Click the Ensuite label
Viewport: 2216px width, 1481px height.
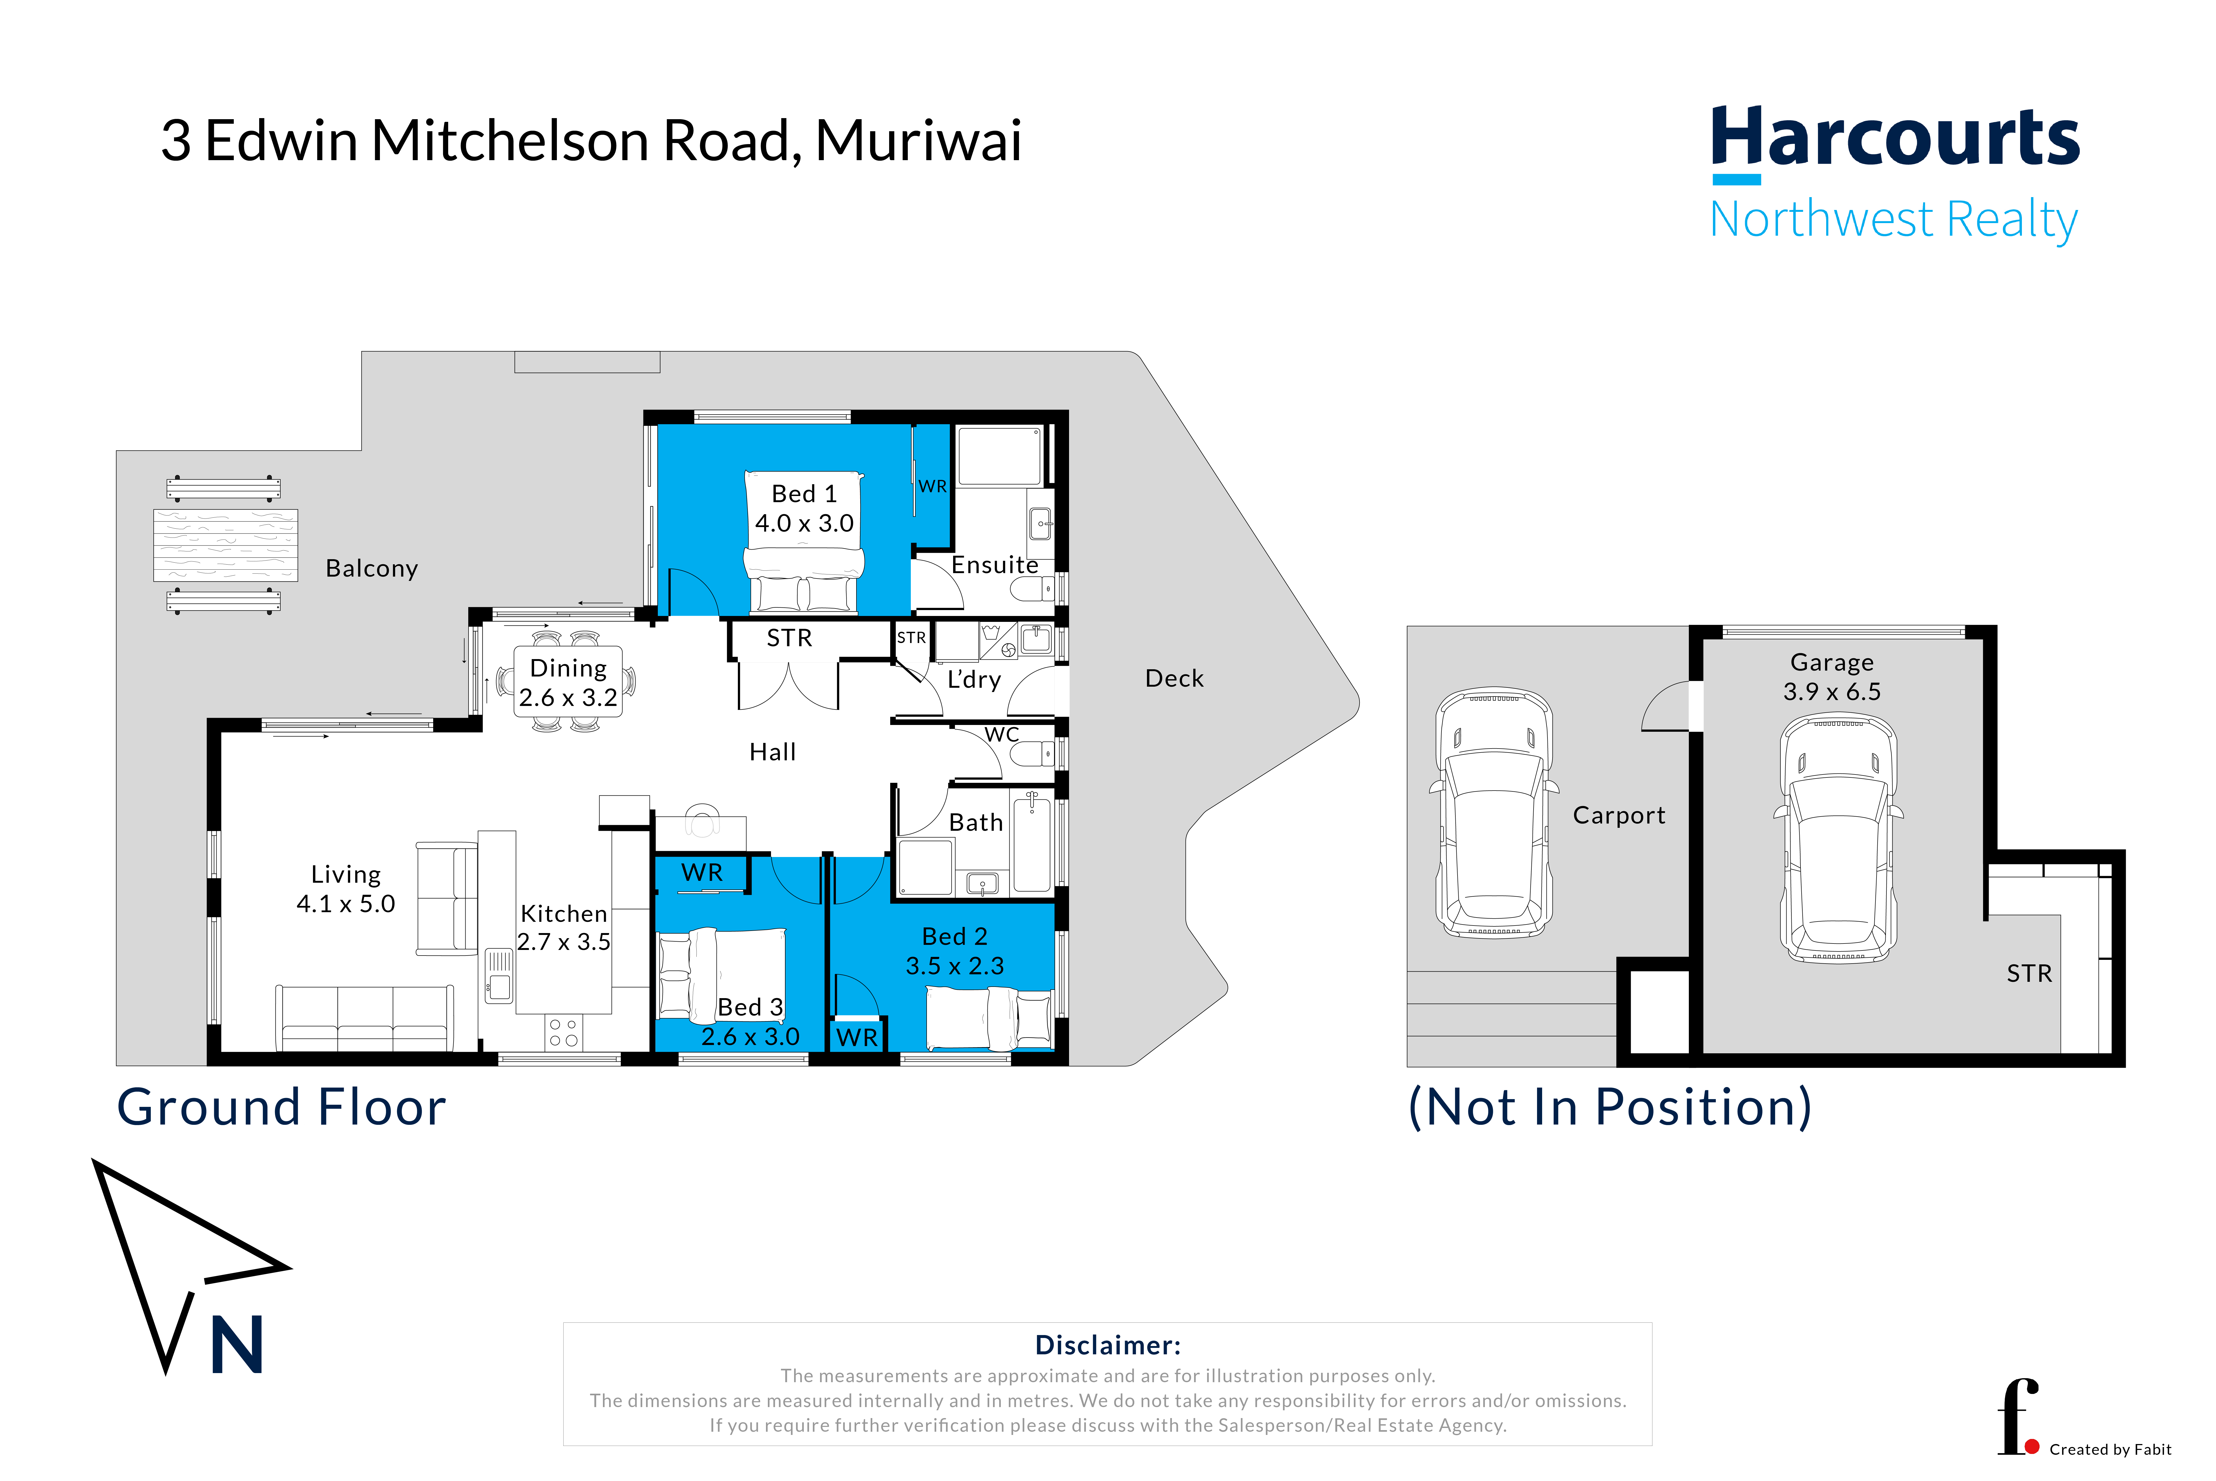pyautogui.click(x=994, y=565)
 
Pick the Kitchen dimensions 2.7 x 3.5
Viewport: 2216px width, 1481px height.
pyautogui.click(x=564, y=942)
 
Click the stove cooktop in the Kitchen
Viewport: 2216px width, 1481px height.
pyautogui.click(x=564, y=1032)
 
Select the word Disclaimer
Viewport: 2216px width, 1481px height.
pyautogui.click(x=1108, y=1345)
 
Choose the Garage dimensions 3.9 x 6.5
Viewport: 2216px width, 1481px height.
pyautogui.click(x=1832, y=691)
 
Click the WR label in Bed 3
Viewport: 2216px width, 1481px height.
pyautogui.click(x=701, y=873)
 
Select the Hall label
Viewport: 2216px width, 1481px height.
pyautogui.click(x=772, y=752)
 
